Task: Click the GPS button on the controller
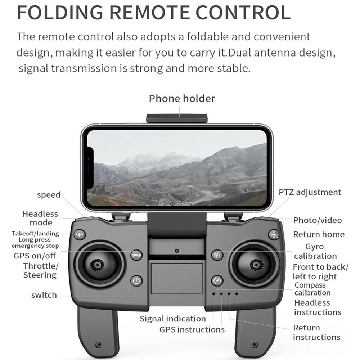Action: point(136,255)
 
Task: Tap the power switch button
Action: point(136,281)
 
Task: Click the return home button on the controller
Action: point(274,235)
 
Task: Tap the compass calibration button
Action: point(217,281)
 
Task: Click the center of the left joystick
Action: point(96,265)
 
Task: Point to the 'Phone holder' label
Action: point(182,99)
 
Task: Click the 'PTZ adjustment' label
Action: point(310,192)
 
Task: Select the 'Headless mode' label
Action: point(40,218)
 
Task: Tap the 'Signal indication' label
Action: point(172,319)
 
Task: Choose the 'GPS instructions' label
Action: point(192,329)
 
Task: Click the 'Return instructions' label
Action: point(316,332)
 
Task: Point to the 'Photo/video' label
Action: point(317,220)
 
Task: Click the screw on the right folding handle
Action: point(255,345)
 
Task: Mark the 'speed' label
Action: point(49,195)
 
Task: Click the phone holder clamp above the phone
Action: point(177,118)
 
